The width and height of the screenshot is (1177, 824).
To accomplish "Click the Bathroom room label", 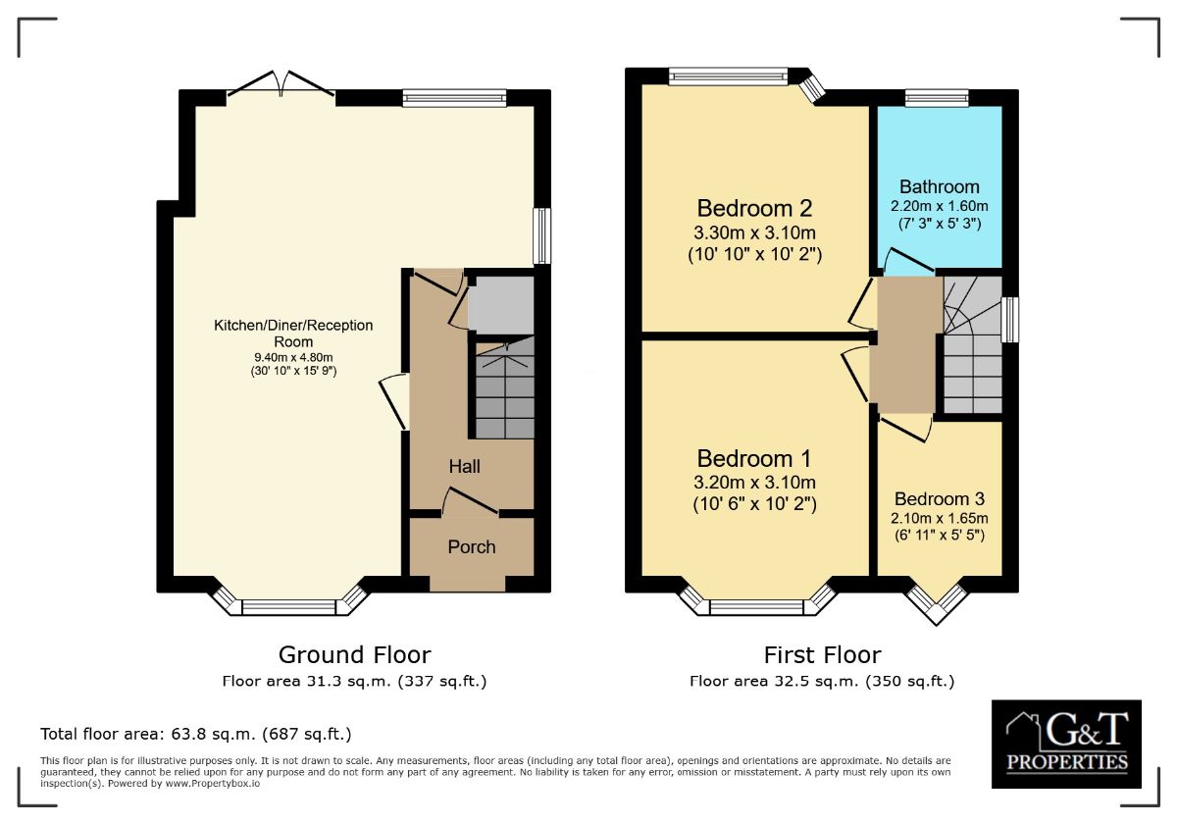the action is tap(940, 187).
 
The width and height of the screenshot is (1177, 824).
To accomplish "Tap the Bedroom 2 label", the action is tap(754, 209).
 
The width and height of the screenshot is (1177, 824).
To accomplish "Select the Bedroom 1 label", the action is tap(754, 459).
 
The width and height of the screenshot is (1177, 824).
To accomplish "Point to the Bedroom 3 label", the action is tap(940, 498).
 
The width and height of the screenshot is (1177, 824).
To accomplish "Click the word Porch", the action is tap(472, 547).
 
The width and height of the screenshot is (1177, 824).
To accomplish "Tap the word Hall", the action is tap(465, 466).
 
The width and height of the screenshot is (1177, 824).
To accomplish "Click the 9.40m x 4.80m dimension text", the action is tap(293, 358).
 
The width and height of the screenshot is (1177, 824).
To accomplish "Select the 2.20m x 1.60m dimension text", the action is tap(940, 206).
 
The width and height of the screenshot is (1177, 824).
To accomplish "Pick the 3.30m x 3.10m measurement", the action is tap(754, 232).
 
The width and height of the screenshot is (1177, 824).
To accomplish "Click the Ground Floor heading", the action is tap(355, 655).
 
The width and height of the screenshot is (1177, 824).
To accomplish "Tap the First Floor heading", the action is tap(822, 655).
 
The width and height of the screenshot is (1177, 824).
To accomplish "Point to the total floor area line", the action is tap(196, 734).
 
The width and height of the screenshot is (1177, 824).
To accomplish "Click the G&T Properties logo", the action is tap(1067, 745).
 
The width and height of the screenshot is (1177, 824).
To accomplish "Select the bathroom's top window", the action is tap(937, 98).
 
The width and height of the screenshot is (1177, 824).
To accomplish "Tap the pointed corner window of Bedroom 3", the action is tap(937, 604).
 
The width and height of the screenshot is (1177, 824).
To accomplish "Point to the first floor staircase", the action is tap(973, 345).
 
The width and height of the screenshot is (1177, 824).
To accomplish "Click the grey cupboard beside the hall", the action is tap(501, 305).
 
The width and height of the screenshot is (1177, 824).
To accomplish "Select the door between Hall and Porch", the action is tap(471, 502).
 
